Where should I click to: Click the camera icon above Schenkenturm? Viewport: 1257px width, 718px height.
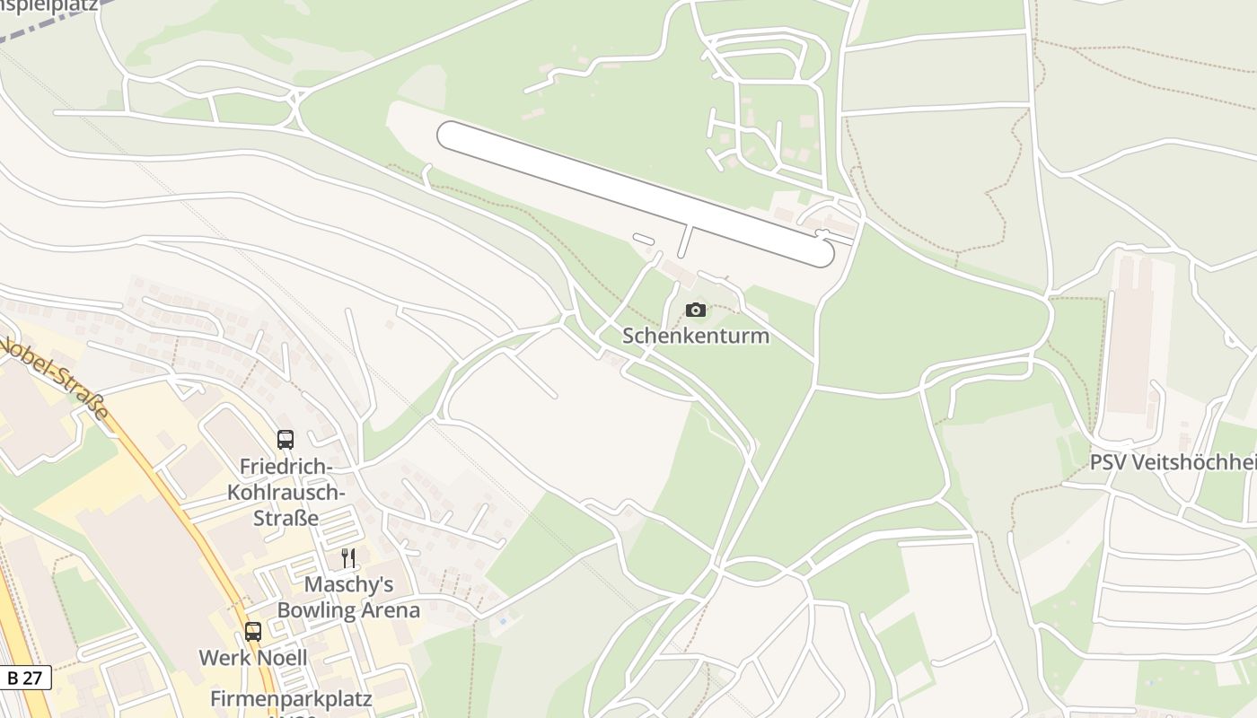696,311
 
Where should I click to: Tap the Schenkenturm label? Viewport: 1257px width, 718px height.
696,337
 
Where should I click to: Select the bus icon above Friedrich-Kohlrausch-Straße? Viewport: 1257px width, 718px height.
286,440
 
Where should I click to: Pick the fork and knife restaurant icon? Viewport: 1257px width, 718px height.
348,558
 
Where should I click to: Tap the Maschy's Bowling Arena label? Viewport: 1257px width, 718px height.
348,598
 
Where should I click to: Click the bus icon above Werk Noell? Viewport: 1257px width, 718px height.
253,632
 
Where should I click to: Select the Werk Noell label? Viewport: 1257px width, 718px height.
253,658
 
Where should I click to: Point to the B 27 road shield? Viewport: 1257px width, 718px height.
24,679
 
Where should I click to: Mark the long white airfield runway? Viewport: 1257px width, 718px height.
635,193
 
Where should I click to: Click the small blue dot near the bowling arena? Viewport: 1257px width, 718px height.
502,621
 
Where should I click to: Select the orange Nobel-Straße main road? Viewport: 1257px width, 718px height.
180,503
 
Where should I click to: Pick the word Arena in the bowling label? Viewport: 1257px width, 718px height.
390,610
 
